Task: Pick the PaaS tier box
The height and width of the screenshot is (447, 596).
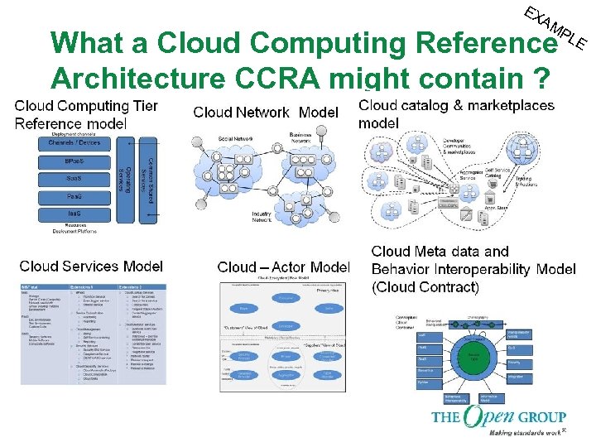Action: (x=74, y=196)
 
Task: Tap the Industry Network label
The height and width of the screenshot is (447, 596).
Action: (x=262, y=216)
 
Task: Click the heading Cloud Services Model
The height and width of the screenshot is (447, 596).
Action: (x=90, y=266)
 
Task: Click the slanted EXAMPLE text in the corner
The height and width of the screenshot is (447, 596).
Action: (x=557, y=26)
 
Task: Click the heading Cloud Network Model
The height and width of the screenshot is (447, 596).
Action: (x=266, y=112)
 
